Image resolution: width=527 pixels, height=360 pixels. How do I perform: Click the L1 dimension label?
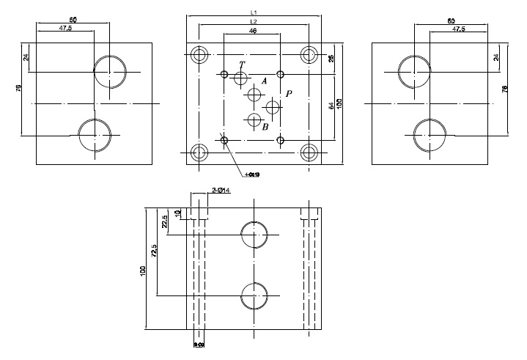(253, 12)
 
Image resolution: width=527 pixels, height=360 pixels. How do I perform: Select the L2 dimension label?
(253, 23)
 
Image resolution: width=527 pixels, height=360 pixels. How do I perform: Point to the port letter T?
(242, 65)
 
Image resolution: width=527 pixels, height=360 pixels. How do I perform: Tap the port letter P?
(289, 94)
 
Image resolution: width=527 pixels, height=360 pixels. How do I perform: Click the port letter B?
(265, 127)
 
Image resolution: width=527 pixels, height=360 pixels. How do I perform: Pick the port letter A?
(264, 81)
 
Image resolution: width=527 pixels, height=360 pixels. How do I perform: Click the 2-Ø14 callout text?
(221, 190)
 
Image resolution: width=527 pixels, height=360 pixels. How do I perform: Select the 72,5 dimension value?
(154, 251)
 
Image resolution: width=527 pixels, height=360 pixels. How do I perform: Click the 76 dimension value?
(505, 89)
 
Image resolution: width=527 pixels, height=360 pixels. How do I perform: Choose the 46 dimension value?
(253, 32)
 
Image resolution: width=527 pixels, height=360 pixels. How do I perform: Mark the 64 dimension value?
(331, 106)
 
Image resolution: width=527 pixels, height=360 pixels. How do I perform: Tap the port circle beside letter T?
(241, 78)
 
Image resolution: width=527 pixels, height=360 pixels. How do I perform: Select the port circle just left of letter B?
(254, 120)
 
